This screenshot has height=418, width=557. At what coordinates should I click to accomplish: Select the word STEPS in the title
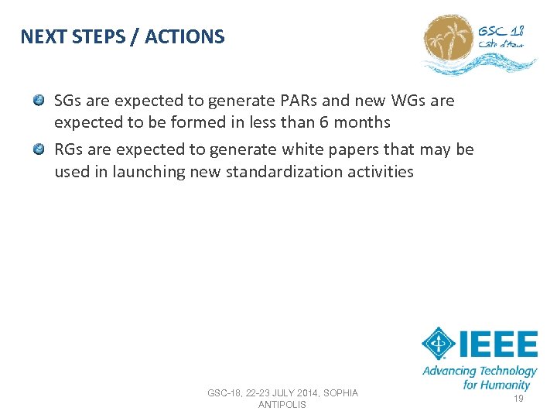(x=97, y=36)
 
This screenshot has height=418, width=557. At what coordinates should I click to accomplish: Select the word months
(x=362, y=122)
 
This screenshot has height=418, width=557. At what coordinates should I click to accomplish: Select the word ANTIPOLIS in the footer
(x=282, y=405)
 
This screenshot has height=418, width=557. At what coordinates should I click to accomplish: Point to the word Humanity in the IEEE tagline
(x=507, y=384)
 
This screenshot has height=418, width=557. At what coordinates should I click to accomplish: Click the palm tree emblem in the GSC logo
(x=449, y=44)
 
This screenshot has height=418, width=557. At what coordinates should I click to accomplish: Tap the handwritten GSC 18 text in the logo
(x=501, y=32)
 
